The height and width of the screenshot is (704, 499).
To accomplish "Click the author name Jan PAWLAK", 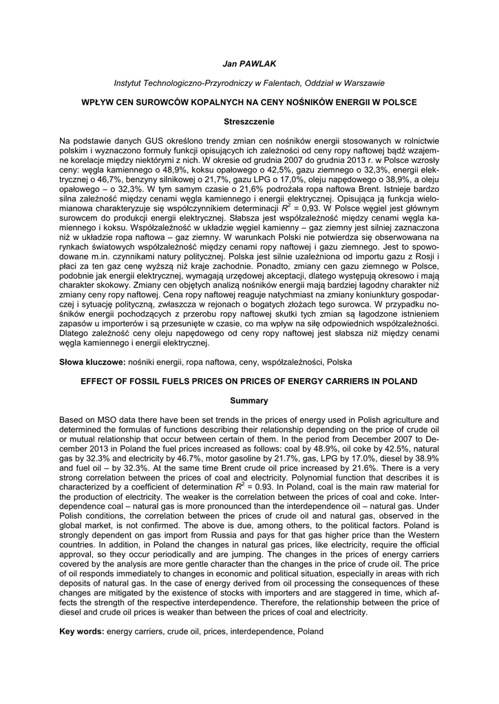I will [248, 63].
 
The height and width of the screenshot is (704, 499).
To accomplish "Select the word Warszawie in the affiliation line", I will [361, 82].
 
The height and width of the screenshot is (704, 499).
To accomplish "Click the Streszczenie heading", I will [248, 122].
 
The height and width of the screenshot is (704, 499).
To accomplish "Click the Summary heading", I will [248, 399].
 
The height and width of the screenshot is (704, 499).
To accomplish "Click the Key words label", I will [81, 630].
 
